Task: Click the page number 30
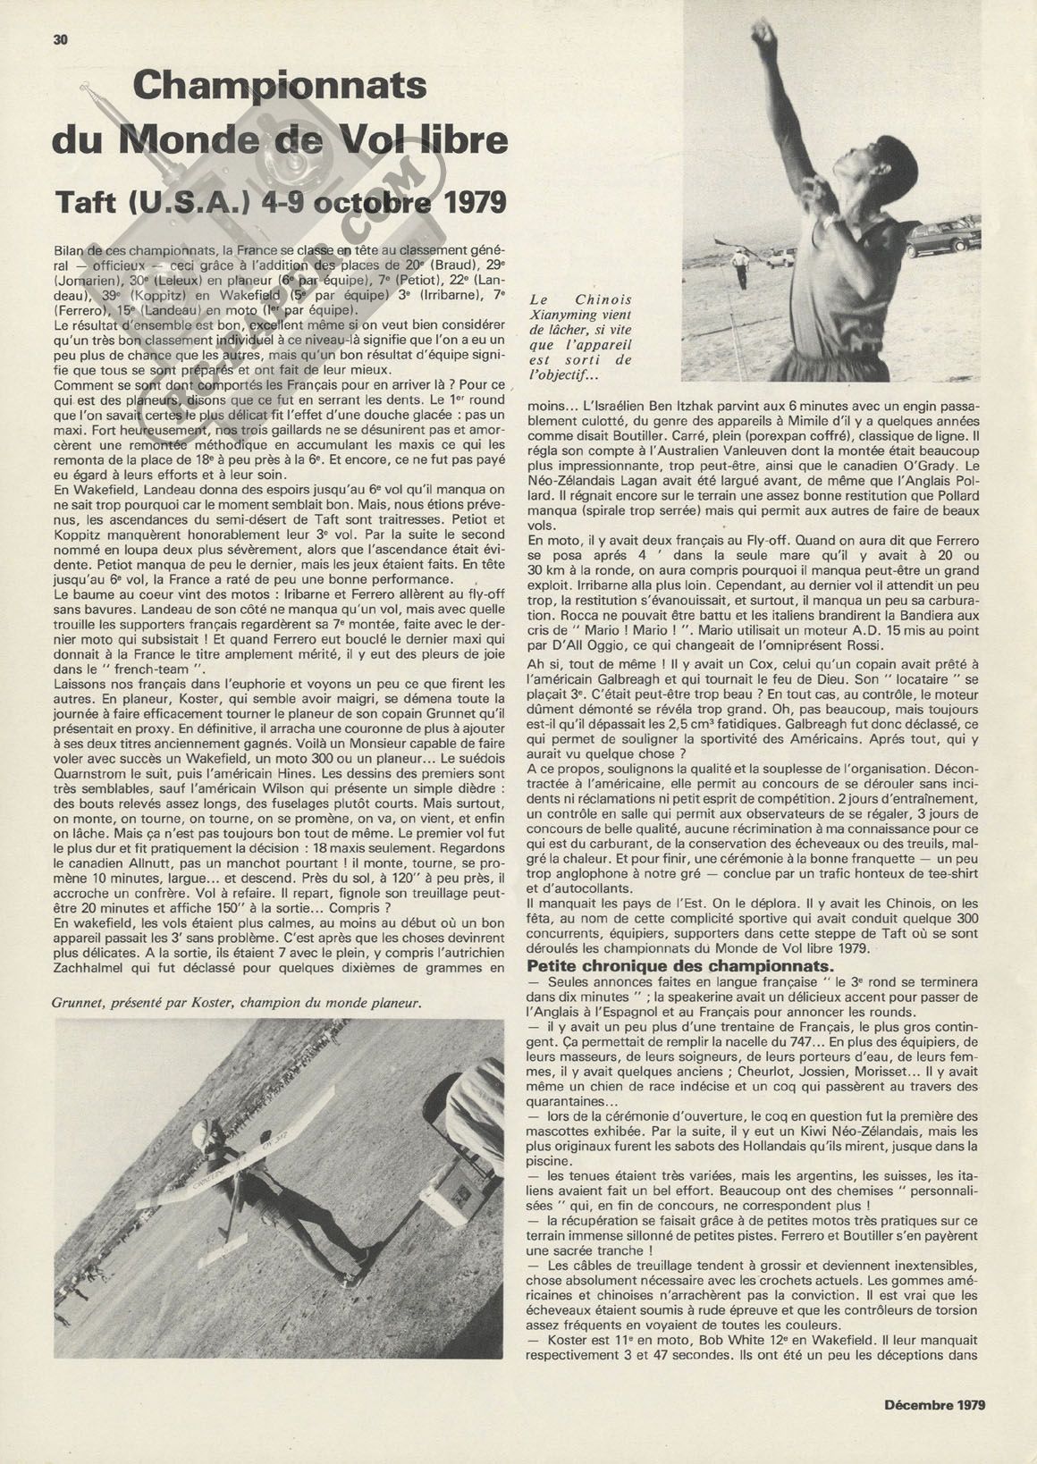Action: (x=61, y=39)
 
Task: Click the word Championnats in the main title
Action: (x=279, y=87)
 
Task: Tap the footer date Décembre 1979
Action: (x=934, y=1404)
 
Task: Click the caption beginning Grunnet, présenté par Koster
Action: (x=237, y=1003)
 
